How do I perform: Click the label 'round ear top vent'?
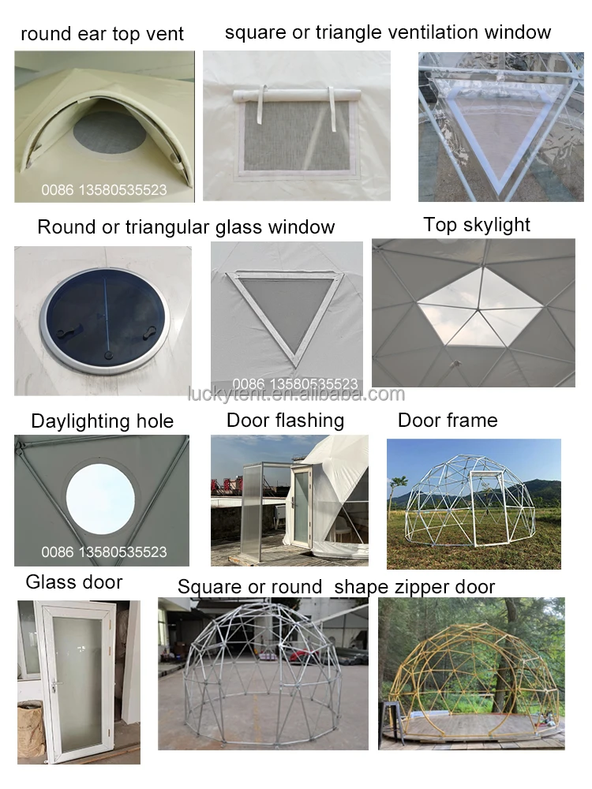pyautogui.click(x=102, y=34)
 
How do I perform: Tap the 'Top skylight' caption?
pyautogui.click(x=477, y=225)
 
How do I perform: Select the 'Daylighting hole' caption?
pyautogui.click(x=102, y=421)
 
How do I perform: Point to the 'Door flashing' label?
pyautogui.click(x=285, y=421)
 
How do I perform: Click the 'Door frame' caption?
pyautogui.click(x=448, y=421)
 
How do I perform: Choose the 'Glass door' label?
pyautogui.click(x=74, y=583)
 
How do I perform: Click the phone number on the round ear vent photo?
pyautogui.click(x=104, y=190)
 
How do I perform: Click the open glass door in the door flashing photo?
pyautogui.click(x=302, y=505)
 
